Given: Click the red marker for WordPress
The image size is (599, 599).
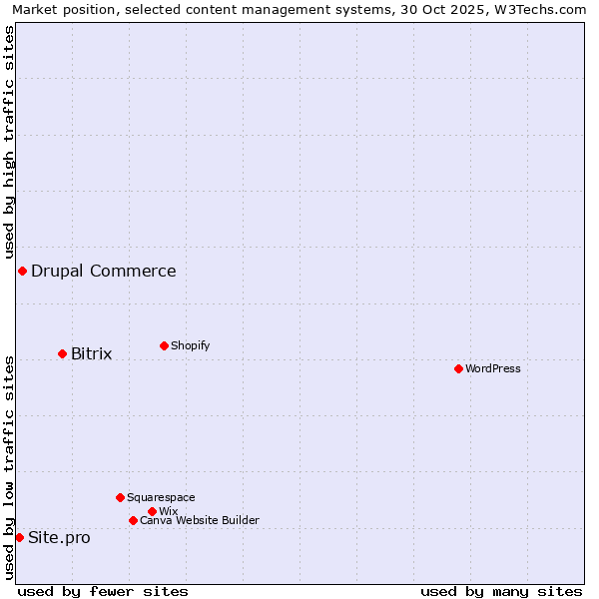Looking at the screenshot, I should [x=458, y=368].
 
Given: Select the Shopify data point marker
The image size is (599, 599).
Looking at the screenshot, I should [x=164, y=345].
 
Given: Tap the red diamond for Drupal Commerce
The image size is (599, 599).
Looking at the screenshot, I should [x=22, y=271].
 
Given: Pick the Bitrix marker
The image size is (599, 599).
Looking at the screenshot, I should [x=62, y=353].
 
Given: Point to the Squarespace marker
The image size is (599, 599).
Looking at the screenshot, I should [x=120, y=497].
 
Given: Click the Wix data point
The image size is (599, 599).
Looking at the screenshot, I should [x=152, y=511].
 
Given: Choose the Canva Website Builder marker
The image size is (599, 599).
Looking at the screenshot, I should [x=133, y=520].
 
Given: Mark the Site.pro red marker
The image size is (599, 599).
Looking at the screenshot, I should [x=19, y=537].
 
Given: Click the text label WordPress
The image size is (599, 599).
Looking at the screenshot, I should [x=493, y=368].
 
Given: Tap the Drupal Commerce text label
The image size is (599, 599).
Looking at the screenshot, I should [x=104, y=271].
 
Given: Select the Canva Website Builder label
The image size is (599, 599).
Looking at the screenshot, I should [x=200, y=520].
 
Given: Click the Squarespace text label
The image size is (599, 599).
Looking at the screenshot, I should [x=161, y=497].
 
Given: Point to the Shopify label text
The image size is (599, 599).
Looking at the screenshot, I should [x=190, y=345].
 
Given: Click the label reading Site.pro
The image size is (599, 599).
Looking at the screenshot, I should [x=59, y=537].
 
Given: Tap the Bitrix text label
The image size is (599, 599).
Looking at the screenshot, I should [x=91, y=353].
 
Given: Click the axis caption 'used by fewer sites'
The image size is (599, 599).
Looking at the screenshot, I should [x=103, y=591].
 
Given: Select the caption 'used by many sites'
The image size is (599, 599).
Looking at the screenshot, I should [x=501, y=591].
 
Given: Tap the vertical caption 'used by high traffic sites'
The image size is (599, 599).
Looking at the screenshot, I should [x=9, y=142].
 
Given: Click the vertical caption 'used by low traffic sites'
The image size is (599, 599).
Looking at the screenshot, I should [x=9, y=466].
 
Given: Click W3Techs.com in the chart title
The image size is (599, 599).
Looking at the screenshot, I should [x=536, y=9].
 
